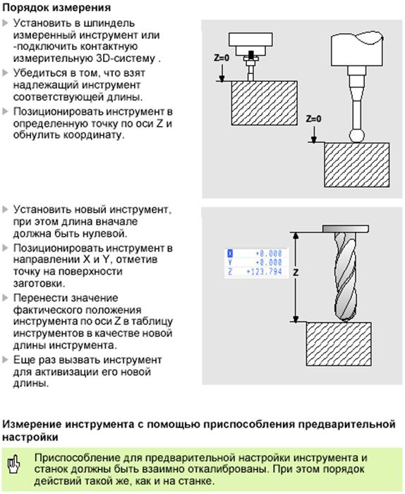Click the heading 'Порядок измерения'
(56, 8)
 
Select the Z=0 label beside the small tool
(222, 58)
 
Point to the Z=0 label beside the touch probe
(313, 119)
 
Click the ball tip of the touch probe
(357, 136)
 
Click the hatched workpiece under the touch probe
(356, 165)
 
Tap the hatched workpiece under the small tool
(264, 103)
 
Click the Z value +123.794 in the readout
(264, 271)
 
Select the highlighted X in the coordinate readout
(230, 253)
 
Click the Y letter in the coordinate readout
(230, 262)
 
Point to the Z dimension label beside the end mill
(296, 273)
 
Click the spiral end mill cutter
(346, 277)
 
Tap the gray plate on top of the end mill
(346, 229)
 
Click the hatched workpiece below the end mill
(339, 344)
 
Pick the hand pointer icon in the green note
(13, 464)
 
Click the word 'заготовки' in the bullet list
(39, 283)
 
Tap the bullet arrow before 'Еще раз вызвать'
(5, 360)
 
